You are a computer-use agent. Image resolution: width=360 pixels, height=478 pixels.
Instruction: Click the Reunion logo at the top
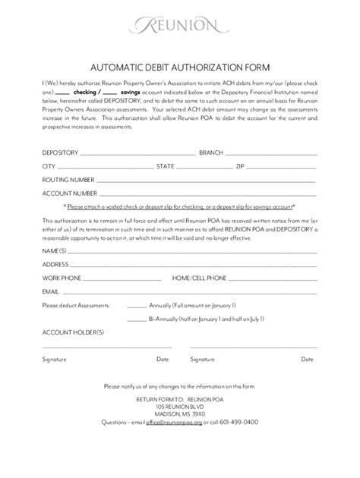[x=179, y=27]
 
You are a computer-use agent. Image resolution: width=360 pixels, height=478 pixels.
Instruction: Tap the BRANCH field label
[x=211, y=152]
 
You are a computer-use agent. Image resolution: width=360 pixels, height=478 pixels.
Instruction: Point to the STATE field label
[x=166, y=165]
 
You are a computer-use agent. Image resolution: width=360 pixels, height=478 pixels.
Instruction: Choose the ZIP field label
[x=241, y=165]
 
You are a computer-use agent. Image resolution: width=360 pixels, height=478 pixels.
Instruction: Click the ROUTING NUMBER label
[x=68, y=180]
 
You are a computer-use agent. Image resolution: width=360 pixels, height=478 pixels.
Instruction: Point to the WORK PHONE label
[x=63, y=278]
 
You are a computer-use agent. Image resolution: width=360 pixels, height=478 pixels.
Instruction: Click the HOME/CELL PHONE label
[x=199, y=278]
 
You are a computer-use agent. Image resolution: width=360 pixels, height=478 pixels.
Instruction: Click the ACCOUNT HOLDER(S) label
[x=73, y=333]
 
